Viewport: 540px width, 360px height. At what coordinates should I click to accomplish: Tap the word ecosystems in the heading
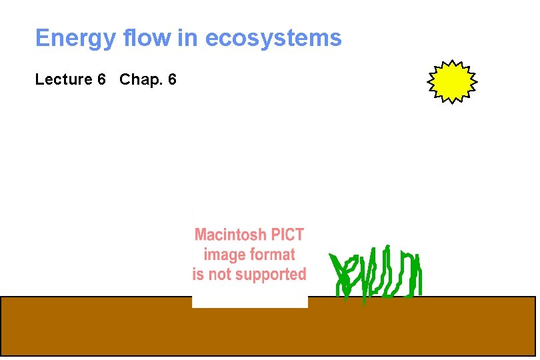pyautogui.click(x=273, y=39)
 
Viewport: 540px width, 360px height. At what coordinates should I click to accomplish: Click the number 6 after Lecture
pyautogui.click(x=101, y=80)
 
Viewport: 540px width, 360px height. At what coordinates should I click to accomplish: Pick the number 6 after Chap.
pyautogui.click(x=172, y=80)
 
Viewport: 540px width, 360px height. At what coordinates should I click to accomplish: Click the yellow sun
pyautogui.click(x=452, y=81)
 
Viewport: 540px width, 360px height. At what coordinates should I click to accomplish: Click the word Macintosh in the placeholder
pyautogui.click(x=229, y=235)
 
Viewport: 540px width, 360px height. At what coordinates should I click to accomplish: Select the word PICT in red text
pyautogui.click(x=286, y=235)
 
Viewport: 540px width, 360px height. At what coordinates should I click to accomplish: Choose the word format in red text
pyautogui.click(x=271, y=255)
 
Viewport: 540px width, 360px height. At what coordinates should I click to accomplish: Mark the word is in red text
pyautogui.click(x=198, y=275)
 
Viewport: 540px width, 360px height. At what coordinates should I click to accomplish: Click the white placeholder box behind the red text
pyautogui.click(x=249, y=297)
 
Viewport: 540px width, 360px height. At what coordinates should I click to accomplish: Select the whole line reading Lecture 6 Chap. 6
pyautogui.click(x=105, y=80)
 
